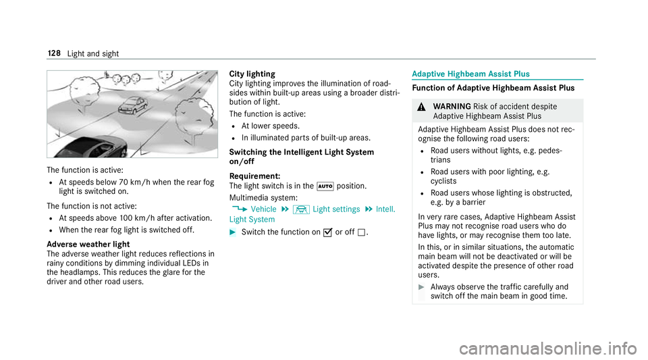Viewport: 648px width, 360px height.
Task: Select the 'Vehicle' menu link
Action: tap(263, 209)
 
